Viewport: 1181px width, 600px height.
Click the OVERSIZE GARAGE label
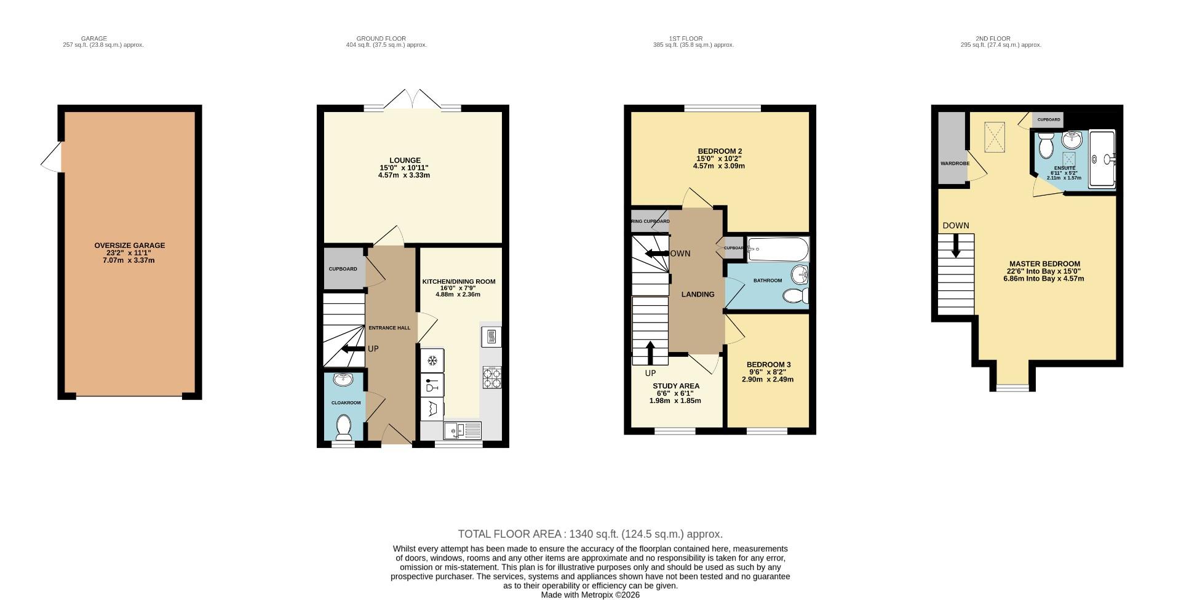129,246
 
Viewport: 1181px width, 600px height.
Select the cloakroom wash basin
343,380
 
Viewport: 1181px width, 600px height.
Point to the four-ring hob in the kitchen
491,377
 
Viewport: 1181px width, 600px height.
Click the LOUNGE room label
404,161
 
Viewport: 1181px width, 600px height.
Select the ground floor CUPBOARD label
343,269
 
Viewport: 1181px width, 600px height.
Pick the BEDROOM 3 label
768,364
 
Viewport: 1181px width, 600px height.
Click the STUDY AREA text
675,386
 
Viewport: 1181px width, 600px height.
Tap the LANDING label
698,294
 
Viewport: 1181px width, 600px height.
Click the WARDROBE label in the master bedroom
954,164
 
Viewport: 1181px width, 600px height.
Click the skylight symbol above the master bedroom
995,137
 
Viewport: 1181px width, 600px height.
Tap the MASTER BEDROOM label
1044,263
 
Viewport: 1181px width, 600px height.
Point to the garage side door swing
52,158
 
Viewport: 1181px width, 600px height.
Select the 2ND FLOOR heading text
992,38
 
